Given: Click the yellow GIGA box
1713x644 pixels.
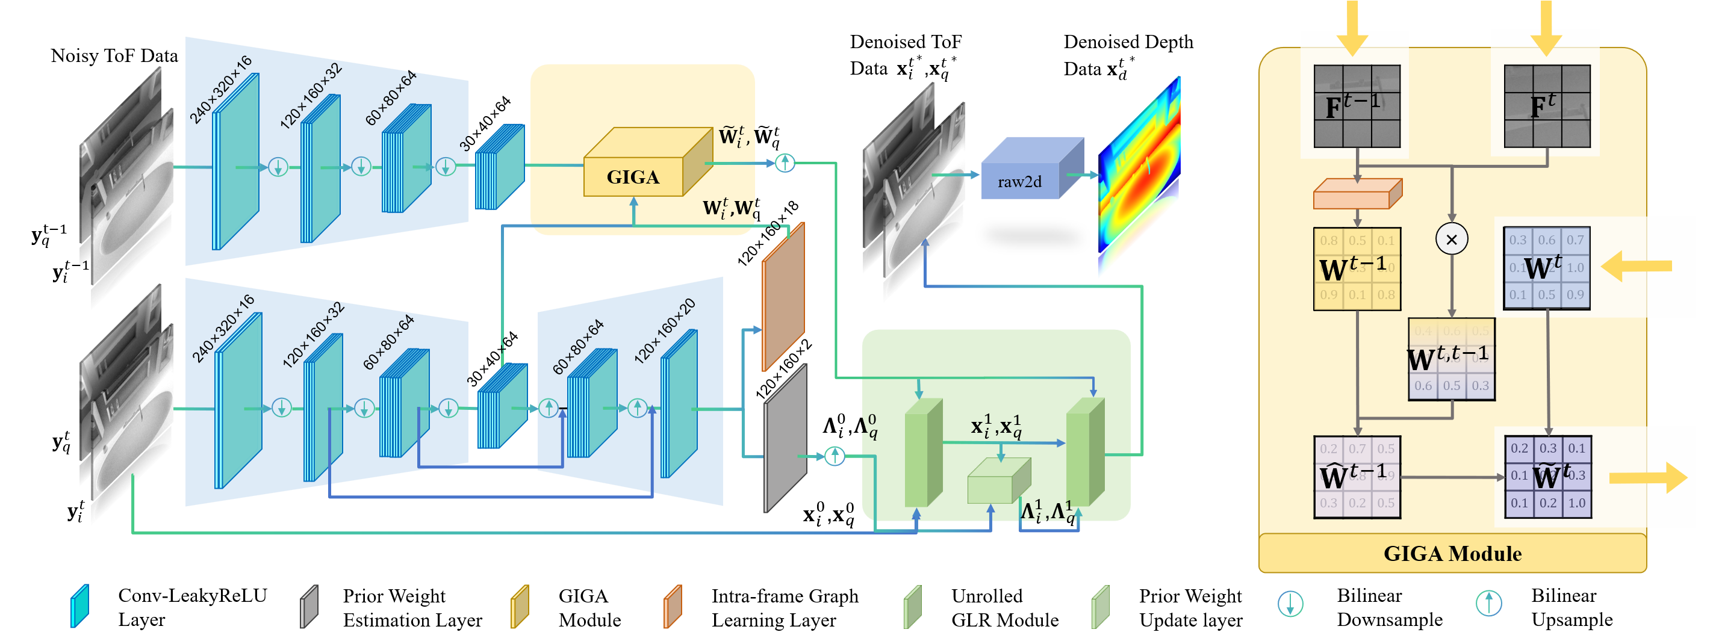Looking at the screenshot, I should tap(633, 176).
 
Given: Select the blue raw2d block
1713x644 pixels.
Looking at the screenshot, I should tap(1020, 180).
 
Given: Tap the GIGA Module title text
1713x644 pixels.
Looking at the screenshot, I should tap(1452, 554).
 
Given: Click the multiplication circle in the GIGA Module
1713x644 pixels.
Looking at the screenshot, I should tap(1452, 240).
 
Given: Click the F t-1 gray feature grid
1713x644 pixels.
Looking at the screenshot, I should tap(1357, 107).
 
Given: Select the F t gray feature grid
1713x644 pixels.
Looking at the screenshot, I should tap(1547, 107).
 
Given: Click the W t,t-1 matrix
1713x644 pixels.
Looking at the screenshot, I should tap(1451, 359).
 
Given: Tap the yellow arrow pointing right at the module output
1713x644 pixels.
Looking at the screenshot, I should tap(1648, 478).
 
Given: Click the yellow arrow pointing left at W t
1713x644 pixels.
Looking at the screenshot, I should tap(1636, 267).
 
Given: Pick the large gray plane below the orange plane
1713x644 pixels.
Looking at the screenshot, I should tap(785, 439).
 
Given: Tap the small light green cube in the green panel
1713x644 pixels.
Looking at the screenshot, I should tap(998, 483).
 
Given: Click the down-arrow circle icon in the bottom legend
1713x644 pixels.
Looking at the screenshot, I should tap(1290, 604).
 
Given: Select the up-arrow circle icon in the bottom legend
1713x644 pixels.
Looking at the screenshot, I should tap(1489, 604).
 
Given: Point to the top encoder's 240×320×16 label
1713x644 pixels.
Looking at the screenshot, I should tap(221, 90).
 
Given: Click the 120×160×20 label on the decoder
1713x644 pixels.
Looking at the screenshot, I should tap(664, 331).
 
